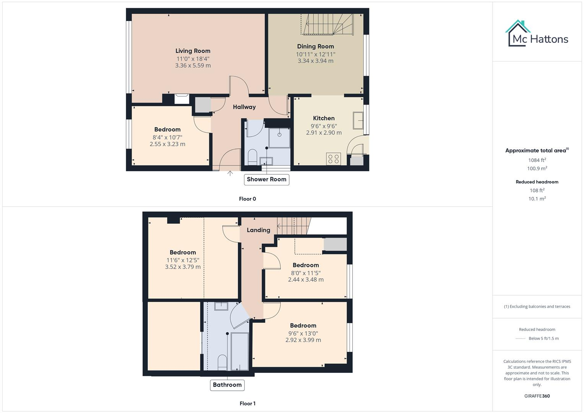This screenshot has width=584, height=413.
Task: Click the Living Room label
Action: [193, 51]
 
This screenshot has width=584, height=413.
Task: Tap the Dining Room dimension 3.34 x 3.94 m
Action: [316, 61]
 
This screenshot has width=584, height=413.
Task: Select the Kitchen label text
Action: [324, 118]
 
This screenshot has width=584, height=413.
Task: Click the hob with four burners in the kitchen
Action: [333, 159]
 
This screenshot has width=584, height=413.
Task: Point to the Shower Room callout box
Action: [267, 179]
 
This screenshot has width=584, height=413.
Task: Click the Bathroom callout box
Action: [227, 385]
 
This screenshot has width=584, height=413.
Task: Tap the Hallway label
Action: [244, 107]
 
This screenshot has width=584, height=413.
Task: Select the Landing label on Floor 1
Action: [258, 230]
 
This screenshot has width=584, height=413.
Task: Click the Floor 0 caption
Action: [247, 199]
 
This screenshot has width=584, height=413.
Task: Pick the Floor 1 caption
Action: [247, 403]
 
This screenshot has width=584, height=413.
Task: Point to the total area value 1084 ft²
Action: [537, 160]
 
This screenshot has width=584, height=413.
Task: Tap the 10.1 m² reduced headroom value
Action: [537, 199]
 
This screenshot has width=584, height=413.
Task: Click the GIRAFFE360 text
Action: [537, 396]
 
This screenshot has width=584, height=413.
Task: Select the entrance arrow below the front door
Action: [230, 173]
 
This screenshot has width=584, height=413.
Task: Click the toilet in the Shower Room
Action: [252, 157]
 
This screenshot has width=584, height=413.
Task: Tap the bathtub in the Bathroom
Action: [240, 351]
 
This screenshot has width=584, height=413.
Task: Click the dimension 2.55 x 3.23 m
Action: [168, 144]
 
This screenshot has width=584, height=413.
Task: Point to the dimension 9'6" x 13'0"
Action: [303, 333]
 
